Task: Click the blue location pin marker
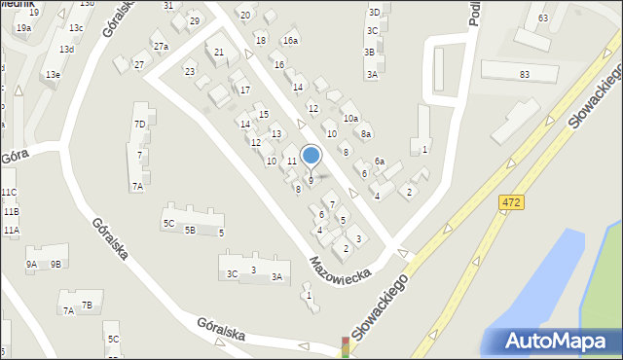click(311, 156)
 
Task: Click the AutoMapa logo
click(559, 341)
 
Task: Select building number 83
click(525, 75)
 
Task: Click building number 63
click(542, 18)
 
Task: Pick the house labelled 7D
click(140, 125)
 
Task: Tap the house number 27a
click(161, 47)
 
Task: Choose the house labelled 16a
click(290, 41)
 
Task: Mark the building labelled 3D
click(374, 13)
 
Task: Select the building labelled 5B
click(191, 231)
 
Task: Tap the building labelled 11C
click(9, 193)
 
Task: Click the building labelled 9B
click(55, 264)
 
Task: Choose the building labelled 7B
click(87, 306)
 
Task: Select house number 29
click(194, 21)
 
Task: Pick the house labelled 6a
click(380, 162)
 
